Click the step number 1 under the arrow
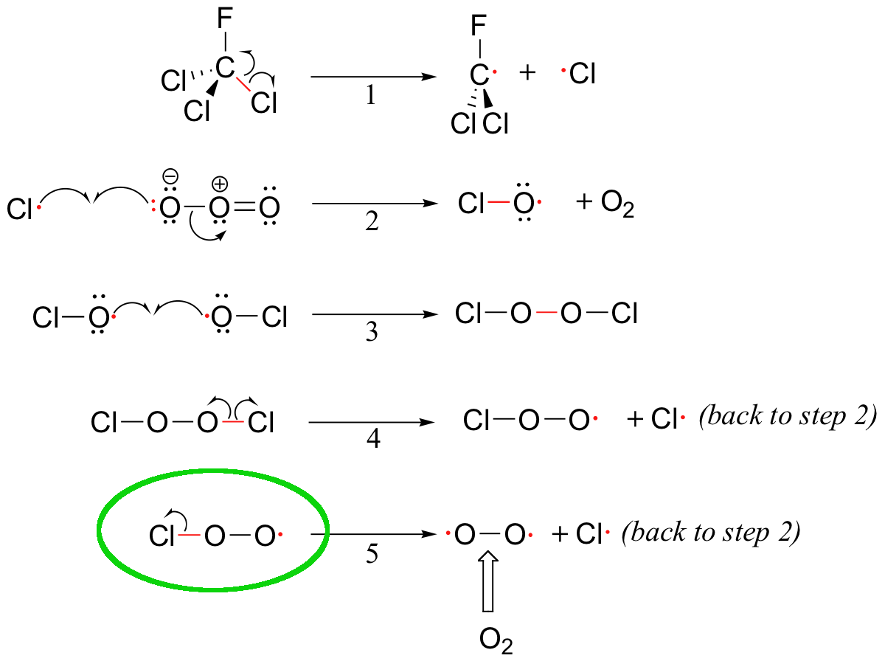[371, 96]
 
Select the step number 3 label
[372, 332]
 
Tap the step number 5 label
[372, 554]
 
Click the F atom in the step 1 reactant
[225, 18]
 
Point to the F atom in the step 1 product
[479, 25]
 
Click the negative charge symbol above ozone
[170, 176]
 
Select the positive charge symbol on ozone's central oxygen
[220, 184]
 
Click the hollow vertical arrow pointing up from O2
[488, 581]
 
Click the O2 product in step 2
[617, 204]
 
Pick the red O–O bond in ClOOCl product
[546, 313]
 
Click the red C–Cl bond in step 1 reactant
[243, 84]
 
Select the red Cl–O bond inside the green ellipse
[190, 535]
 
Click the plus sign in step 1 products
[527, 73]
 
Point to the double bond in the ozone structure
[245, 208]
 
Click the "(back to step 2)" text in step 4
[788, 417]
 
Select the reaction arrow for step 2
[375, 204]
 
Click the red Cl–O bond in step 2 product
[499, 201]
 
